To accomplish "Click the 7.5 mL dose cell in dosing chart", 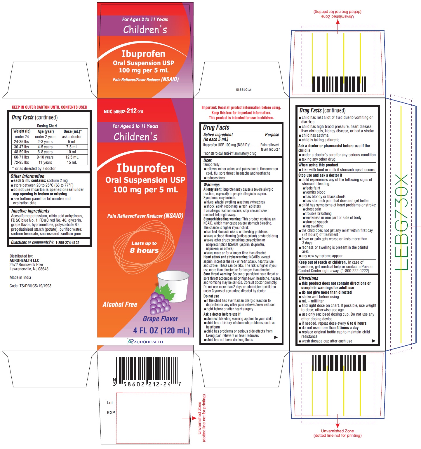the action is [x=72, y=147].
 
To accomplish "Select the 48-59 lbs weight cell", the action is [x=22, y=152].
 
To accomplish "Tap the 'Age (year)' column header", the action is [x=46, y=131].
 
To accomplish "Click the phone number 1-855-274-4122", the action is [x=67, y=243].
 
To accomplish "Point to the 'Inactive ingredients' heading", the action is [x=30, y=211].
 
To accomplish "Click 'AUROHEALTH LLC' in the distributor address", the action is [x=25, y=260].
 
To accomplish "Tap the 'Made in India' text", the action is [x=20, y=277].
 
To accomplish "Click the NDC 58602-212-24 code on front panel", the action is [x=123, y=111].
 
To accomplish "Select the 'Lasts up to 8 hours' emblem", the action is [x=144, y=247].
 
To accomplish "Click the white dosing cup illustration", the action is [x=173, y=285].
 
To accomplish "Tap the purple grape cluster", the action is [x=160, y=303].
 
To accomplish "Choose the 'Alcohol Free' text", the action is [x=120, y=304].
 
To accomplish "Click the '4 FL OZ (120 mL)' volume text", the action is [x=161, y=330].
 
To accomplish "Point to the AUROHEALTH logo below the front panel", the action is [x=145, y=342].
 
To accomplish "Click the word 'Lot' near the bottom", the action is [x=110, y=403].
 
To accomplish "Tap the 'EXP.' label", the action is [x=111, y=413].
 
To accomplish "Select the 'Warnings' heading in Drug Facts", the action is [x=211, y=185].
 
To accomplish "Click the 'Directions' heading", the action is [x=308, y=278].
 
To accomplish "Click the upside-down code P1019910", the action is [x=243, y=90].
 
